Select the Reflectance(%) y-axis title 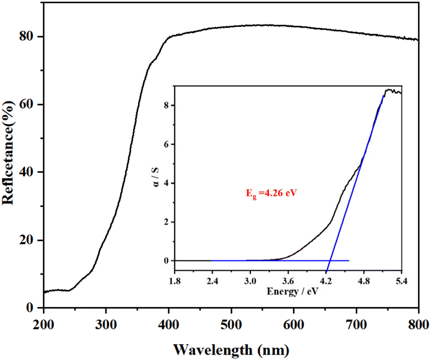click(x=9, y=155)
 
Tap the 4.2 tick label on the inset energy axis click(x=326, y=281)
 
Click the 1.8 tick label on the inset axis click(x=175, y=281)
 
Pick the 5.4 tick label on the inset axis click(x=402, y=281)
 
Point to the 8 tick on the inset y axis click(x=165, y=106)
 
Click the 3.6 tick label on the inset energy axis click(x=288, y=281)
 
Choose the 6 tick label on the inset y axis click(x=165, y=145)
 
